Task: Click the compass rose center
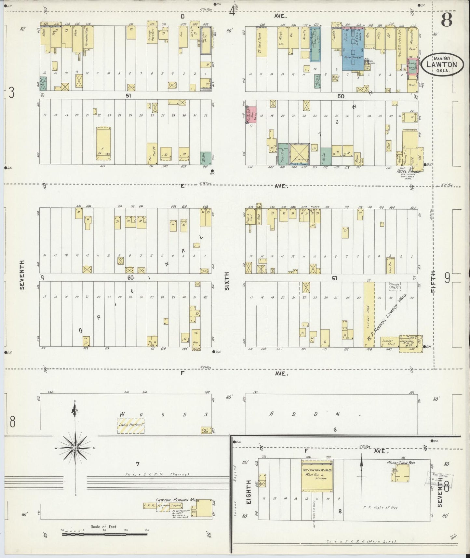75,448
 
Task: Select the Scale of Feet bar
104,534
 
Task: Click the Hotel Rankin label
409,171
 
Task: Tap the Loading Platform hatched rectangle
130,425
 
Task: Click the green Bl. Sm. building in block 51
206,159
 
